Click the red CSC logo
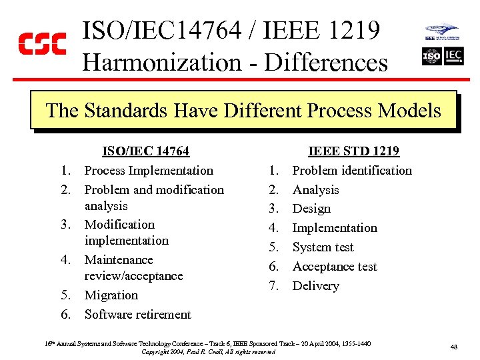click(41, 43)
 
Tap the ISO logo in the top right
click(431, 56)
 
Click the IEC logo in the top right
click(453, 56)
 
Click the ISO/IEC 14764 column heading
click(145, 151)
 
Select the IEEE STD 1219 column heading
click(353, 151)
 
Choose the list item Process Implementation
click(149, 171)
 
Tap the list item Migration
click(111, 295)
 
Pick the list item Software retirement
click(138, 315)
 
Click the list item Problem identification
click(352, 171)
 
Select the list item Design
click(311, 209)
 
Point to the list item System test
click(323, 247)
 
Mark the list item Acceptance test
click(335, 267)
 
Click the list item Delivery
click(316, 286)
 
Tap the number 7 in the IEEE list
click(273, 286)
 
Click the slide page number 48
click(453, 347)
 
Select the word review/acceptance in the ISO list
click(133, 276)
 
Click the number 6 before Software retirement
click(65, 315)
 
